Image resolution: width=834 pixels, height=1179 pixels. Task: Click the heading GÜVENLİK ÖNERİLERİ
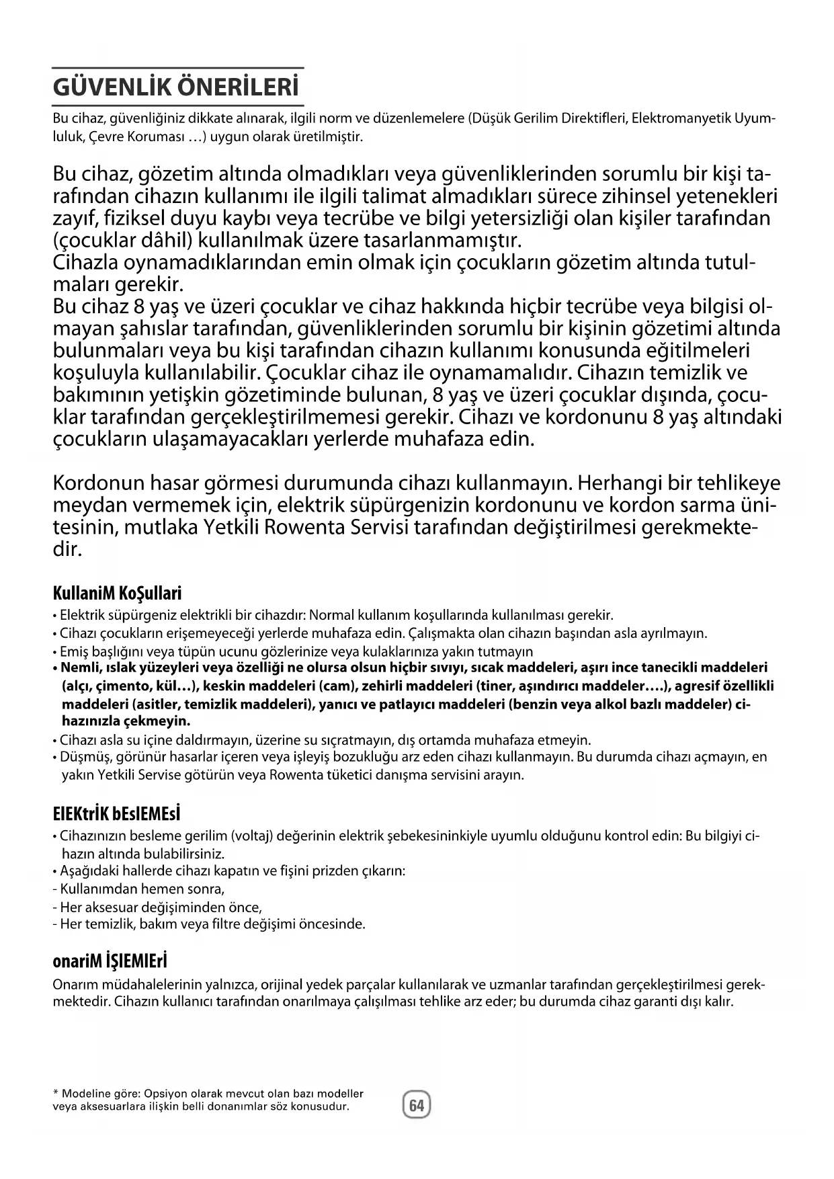click(175, 89)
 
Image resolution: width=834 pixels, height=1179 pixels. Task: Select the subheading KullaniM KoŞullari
click(117, 594)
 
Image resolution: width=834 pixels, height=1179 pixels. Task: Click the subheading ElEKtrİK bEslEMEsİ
click(117, 814)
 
